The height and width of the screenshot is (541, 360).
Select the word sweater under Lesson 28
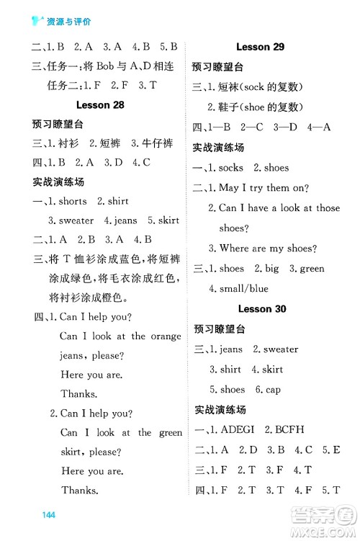[x=76, y=220]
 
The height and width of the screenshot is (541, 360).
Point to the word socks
[x=231, y=168]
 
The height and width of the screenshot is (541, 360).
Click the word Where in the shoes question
[x=235, y=249]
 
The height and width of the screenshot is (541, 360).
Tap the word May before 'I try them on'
[x=228, y=188]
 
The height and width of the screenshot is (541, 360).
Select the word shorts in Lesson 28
[x=73, y=201]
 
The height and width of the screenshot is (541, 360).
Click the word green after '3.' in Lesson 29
[x=312, y=269]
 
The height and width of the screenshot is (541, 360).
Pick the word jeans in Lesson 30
[x=231, y=349]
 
